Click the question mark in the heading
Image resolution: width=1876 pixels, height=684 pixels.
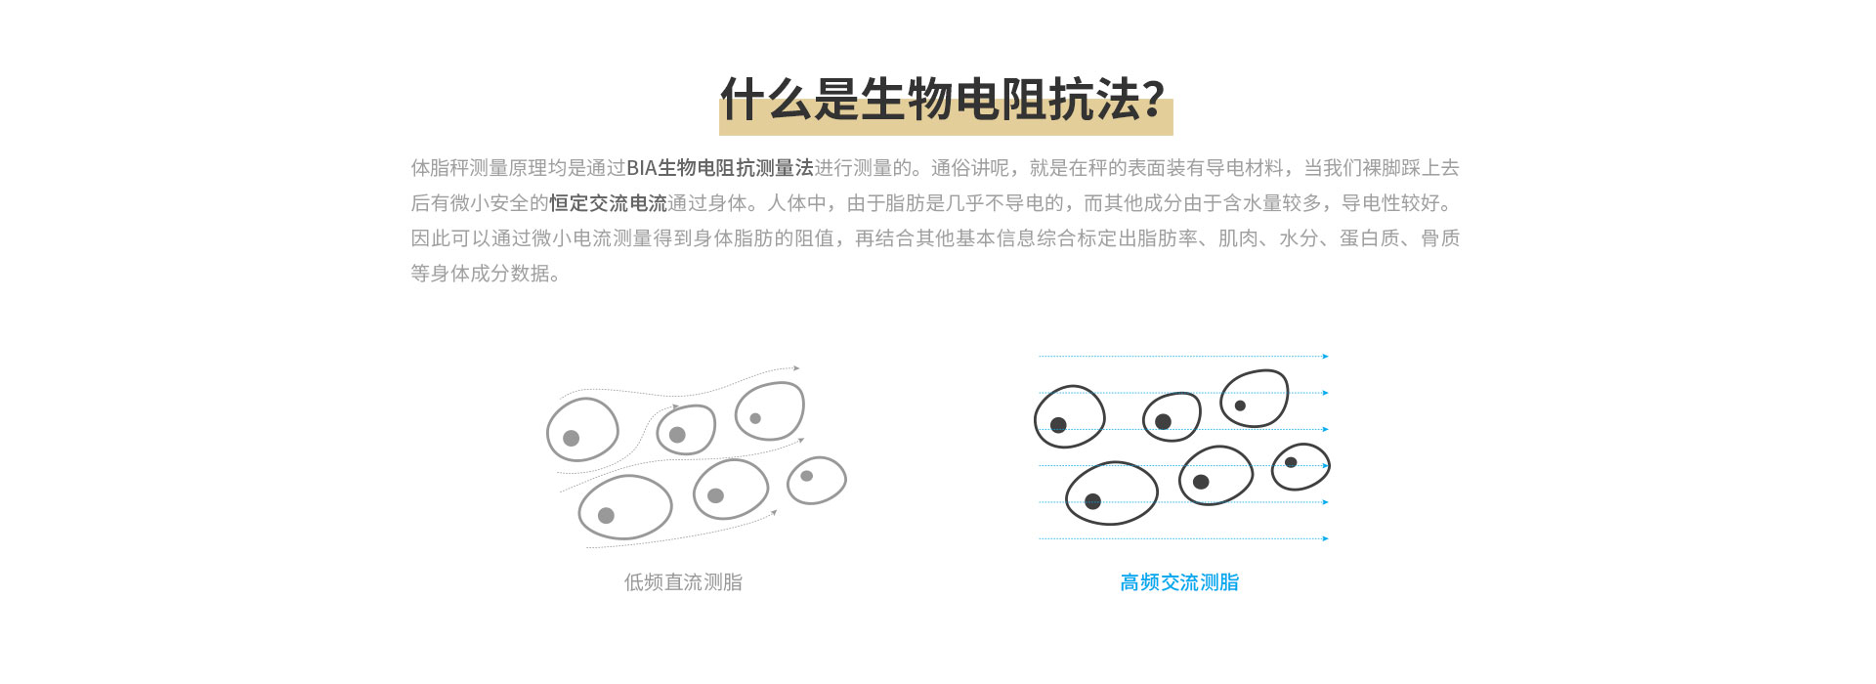(x=1154, y=100)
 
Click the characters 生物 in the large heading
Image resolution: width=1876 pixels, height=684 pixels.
(x=908, y=100)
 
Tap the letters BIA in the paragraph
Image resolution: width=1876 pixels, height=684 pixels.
(x=641, y=168)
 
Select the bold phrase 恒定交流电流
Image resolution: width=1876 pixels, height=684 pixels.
(x=608, y=203)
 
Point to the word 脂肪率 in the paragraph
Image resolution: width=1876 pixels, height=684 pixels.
(x=1168, y=238)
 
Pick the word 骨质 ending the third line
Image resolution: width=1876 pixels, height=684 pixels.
(x=1440, y=238)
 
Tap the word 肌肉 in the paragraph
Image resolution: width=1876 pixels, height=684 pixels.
(x=1238, y=238)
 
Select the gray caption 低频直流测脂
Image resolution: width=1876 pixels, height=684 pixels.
(x=683, y=582)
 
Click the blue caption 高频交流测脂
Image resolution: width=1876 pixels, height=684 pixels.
(x=1179, y=582)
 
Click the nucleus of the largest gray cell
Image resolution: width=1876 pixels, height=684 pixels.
(x=606, y=515)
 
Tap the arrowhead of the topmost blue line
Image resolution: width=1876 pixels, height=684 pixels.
(x=1326, y=357)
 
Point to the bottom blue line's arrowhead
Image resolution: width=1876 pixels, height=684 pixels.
(x=1326, y=538)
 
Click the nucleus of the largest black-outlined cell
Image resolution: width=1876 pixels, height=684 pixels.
(x=1092, y=501)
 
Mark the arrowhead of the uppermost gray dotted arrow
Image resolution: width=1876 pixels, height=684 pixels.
(x=797, y=368)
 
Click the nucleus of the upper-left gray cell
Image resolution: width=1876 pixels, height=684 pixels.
(x=572, y=438)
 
